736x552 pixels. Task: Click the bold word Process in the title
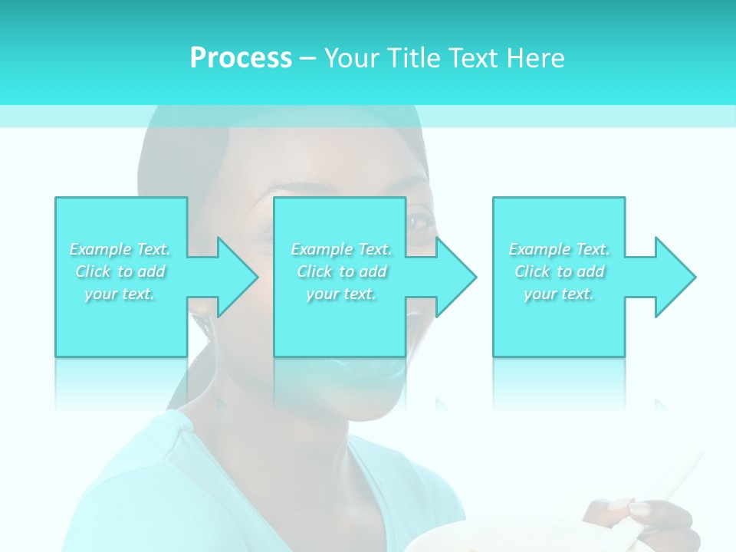[241, 58]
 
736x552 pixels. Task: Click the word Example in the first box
[100, 249]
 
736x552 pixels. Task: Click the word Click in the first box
[92, 271]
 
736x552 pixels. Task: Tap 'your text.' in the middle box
[340, 294]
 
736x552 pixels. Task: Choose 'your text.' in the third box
[558, 294]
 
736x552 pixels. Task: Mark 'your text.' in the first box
[120, 294]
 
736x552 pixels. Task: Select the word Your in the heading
[351, 58]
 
